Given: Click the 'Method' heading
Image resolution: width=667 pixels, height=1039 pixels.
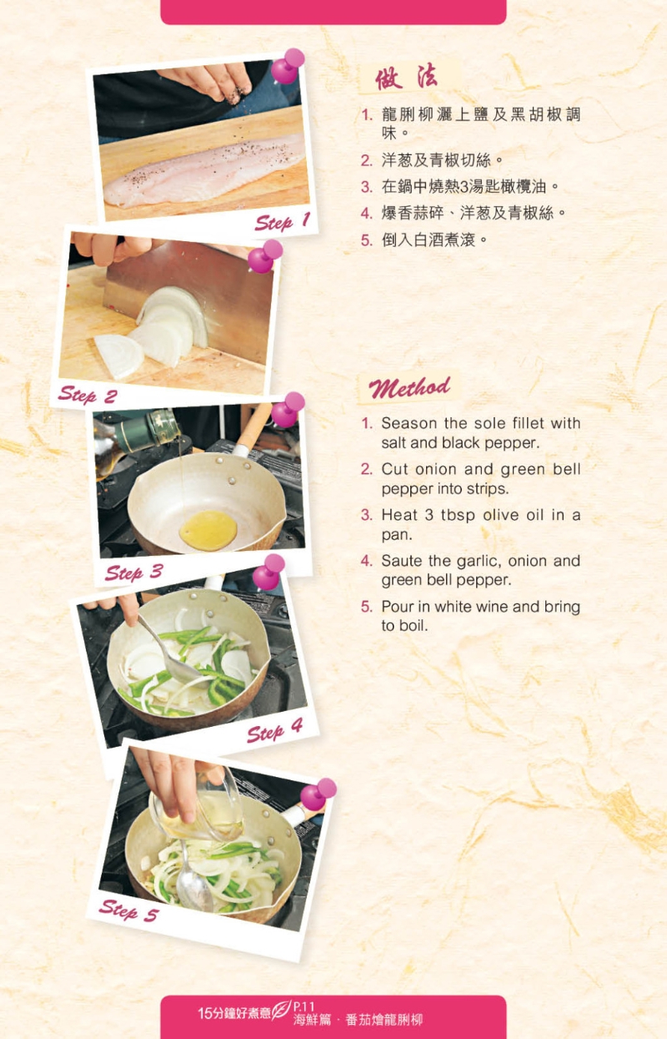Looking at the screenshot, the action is [409, 387].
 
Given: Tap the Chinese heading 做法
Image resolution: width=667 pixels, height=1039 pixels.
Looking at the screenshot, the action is [407, 78].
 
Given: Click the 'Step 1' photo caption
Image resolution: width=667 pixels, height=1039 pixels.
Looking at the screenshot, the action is [282, 222].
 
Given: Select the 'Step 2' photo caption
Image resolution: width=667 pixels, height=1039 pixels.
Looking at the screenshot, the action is [88, 395].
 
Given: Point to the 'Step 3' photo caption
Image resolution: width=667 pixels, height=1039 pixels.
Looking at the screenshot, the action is [134, 572].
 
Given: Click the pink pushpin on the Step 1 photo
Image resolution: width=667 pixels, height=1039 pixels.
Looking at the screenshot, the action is [288, 65].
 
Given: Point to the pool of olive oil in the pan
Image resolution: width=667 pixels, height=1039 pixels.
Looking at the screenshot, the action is [208, 530].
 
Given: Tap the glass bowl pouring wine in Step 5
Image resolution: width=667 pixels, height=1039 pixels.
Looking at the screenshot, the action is [199, 805].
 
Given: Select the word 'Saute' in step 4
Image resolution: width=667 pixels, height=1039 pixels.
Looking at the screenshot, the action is [401, 560].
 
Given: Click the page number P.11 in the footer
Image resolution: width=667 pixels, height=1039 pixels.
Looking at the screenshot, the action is [303, 1006].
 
